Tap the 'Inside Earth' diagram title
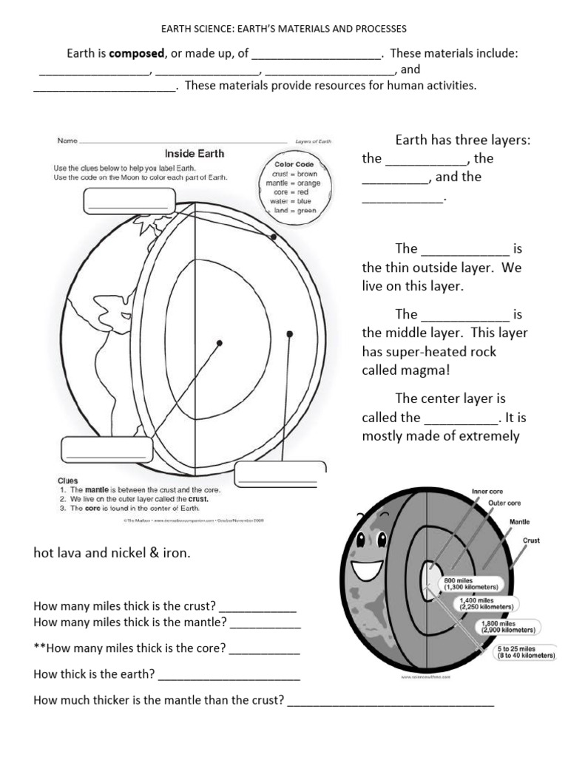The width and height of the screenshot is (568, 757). tap(194, 154)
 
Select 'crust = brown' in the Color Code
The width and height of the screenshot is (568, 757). tap(294, 174)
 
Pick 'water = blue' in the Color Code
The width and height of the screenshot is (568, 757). tap(295, 200)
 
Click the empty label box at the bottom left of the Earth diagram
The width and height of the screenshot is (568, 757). tap(106, 449)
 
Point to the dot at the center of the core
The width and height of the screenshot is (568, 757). tap(220, 342)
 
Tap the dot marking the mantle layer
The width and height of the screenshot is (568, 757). tap(290, 334)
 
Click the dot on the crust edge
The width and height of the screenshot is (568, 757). tap(274, 237)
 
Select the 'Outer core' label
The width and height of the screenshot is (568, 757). tap(505, 503)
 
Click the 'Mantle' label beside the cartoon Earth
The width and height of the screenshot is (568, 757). tap(519, 522)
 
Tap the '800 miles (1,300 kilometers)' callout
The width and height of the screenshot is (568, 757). tap(470, 583)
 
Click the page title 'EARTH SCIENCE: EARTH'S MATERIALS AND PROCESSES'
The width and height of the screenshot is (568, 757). tap(284, 29)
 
